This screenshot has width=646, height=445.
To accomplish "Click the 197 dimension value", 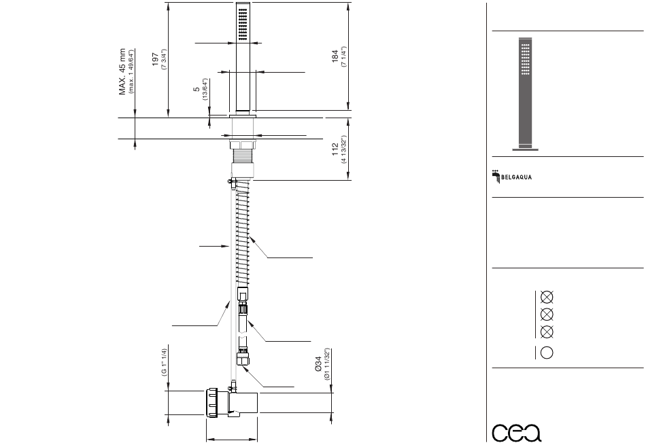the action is [155, 59].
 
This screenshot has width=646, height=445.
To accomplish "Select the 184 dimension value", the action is [335, 56].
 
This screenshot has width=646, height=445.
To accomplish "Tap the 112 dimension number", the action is [335, 149].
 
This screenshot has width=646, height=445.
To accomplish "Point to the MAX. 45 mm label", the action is [122, 71].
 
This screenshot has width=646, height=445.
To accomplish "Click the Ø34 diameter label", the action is [318, 364].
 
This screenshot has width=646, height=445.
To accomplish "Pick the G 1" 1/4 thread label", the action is [164, 362].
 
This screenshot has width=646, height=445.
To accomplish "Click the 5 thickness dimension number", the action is [197, 89].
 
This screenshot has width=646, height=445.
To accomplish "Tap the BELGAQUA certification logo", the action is [511, 176].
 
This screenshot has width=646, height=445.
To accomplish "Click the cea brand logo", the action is [517, 432].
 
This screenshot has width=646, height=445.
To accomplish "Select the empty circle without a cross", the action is [547, 353].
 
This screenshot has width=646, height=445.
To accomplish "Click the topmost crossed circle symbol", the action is [547, 297].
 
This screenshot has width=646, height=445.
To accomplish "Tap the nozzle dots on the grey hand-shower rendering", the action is [525, 60].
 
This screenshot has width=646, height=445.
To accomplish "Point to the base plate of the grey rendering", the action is [525, 149].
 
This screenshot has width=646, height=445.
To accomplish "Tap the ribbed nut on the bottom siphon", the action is [211, 403].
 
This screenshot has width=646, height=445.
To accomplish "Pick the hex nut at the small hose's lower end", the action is [243, 357].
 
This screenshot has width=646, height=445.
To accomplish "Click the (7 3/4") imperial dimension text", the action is [164, 60].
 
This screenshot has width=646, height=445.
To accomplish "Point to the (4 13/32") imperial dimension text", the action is [343, 149].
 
